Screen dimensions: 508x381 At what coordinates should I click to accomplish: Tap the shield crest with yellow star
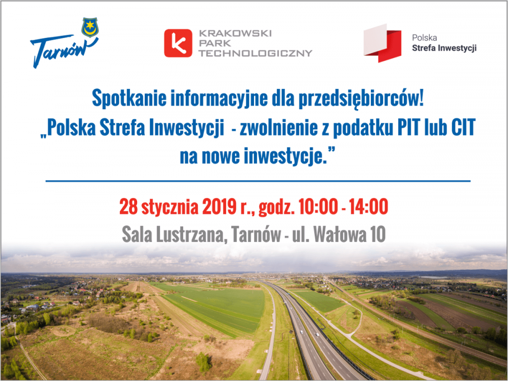coord(90,27)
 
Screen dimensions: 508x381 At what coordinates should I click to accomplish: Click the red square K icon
coord(178,43)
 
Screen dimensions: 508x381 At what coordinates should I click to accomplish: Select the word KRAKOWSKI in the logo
coord(235,33)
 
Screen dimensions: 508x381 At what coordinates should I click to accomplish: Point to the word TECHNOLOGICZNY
coord(256,53)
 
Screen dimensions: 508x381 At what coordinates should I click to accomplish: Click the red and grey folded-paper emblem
coord(382,43)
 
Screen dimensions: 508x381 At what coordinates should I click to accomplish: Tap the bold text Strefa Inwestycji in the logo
coord(444,48)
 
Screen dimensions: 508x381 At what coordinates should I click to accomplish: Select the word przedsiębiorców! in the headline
coord(361,98)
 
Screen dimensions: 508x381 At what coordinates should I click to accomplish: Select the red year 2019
coord(219,206)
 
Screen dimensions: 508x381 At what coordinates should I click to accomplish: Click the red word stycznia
coord(170,206)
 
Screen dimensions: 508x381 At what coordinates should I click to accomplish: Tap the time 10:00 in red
coord(318,206)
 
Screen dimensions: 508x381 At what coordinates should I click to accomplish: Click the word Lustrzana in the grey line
coord(190,234)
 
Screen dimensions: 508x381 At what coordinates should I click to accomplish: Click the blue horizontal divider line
coord(258,181)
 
